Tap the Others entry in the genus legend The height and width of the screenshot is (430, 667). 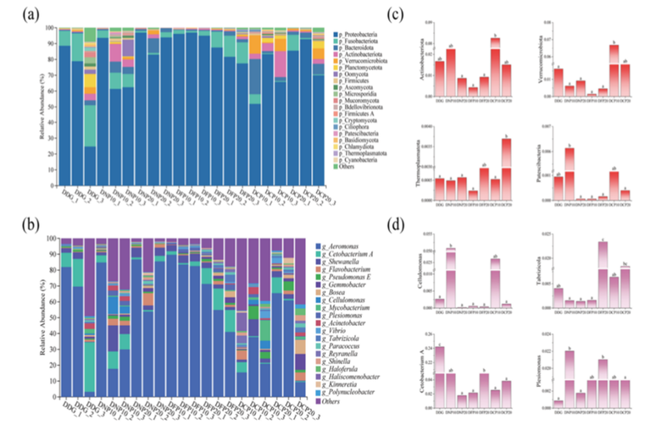(331, 402)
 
